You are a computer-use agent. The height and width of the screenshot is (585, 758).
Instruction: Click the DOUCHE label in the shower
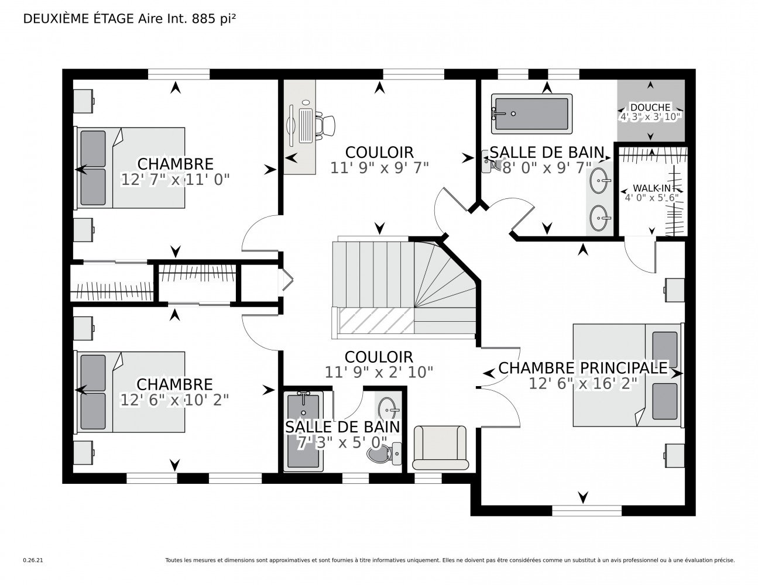(x=650, y=107)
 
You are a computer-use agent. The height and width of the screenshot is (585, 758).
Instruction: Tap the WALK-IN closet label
(x=651, y=188)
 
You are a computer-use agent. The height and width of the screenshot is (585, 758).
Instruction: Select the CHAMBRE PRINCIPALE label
(x=582, y=368)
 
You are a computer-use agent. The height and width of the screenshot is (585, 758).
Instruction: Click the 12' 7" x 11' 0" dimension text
(x=175, y=180)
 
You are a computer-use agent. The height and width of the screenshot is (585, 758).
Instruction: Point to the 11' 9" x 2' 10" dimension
(x=379, y=372)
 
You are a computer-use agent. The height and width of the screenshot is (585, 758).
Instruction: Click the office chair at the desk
(x=325, y=125)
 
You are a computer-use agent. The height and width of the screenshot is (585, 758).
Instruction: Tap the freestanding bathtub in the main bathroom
(x=531, y=113)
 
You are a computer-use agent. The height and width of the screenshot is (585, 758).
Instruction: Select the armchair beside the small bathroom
(x=440, y=448)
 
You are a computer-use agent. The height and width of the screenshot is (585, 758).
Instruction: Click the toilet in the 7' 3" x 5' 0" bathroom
(x=385, y=453)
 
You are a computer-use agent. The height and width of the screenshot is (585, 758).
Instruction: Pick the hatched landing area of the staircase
(x=376, y=320)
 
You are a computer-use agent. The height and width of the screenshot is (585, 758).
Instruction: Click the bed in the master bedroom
(x=628, y=375)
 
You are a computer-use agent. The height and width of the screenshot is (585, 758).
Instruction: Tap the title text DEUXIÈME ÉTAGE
(x=79, y=19)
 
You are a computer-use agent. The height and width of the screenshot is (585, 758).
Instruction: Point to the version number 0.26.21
(x=33, y=560)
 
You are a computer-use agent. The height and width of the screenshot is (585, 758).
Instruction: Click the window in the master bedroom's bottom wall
(x=586, y=511)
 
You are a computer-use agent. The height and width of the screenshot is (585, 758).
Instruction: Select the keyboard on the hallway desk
(x=305, y=125)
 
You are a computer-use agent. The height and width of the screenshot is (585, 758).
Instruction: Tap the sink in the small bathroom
(x=389, y=408)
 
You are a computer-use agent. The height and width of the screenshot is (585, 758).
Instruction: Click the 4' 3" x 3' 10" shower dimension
(x=650, y=117)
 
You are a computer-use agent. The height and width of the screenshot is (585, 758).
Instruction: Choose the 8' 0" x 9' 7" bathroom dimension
(x=547, y=168)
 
